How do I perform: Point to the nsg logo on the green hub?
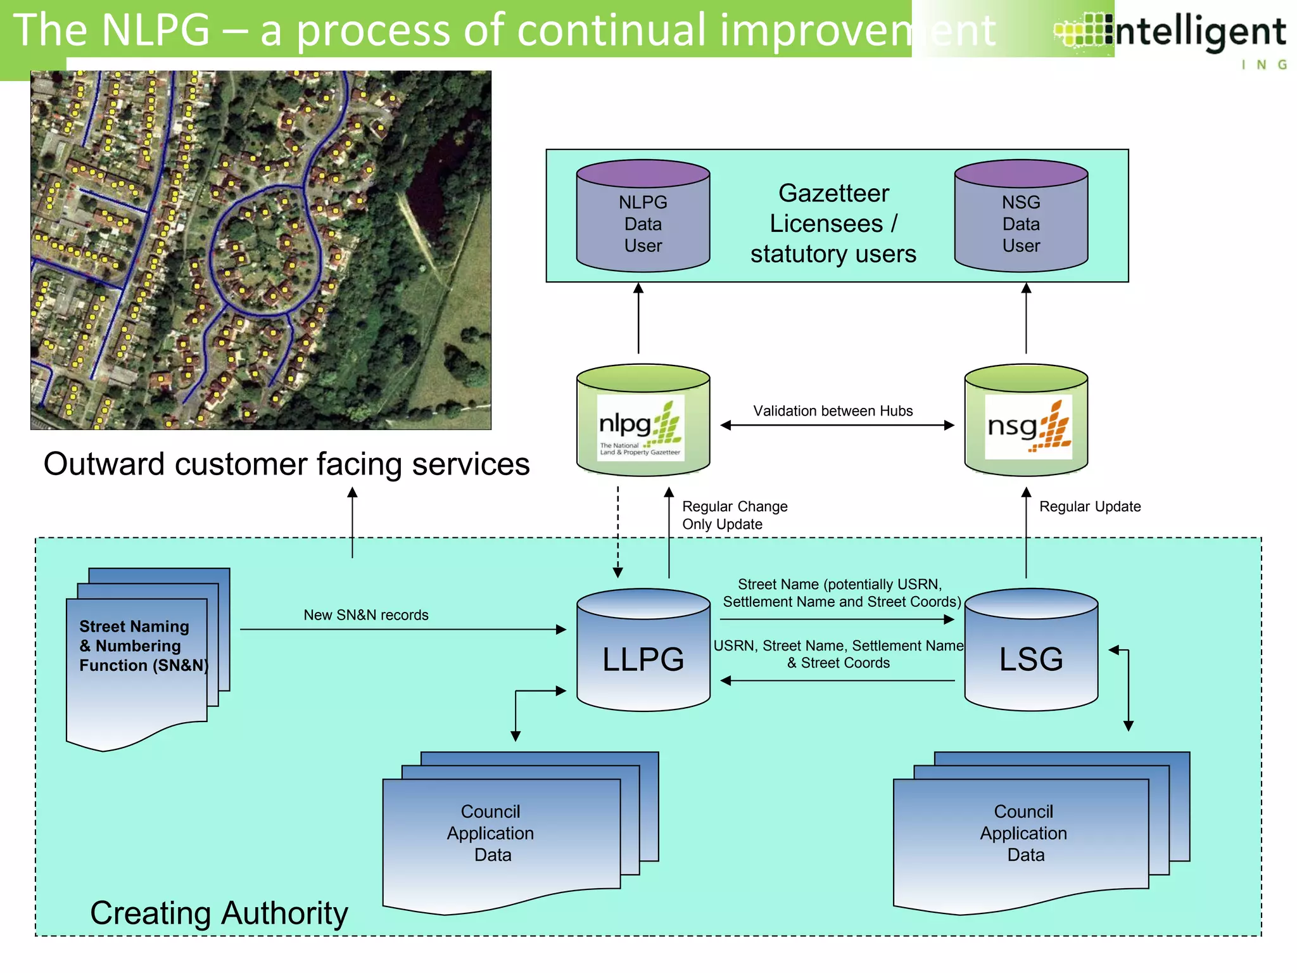click(1028, 427)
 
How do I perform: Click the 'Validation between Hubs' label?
click(833, 411)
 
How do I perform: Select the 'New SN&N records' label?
click(366, 615)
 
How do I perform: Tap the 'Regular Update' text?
click(1090, 507)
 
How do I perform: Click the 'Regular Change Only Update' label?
click(734, 515)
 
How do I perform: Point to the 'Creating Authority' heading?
click(219, 913)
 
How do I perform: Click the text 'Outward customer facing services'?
click(286, 464)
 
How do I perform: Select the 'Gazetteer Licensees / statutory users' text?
click(833, 224)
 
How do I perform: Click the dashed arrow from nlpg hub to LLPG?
click(618, 532)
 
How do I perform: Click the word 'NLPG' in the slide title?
click(155, 30)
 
